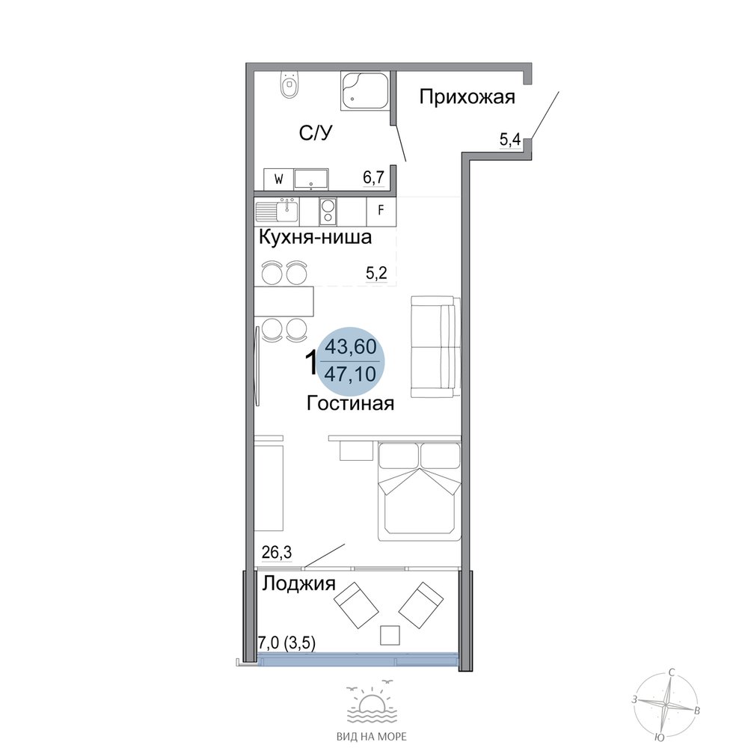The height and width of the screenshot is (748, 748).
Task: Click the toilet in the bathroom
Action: pyautogui.click(x=289, y=85)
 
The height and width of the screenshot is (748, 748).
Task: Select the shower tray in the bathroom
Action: pyautogui.click(x=364, y=91)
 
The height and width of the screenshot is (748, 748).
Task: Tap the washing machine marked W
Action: pyautogui.click(x=278, y=180)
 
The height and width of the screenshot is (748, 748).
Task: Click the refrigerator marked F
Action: pyautogui.click(x=381, y=210)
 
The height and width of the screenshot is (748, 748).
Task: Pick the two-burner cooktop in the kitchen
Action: pyautogui.click(x=328, y=212)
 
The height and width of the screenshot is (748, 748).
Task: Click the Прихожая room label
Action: pyautogui.click(x=467, y=96)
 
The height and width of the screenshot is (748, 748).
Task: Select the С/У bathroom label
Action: pyautogui.click(x=316, y=133)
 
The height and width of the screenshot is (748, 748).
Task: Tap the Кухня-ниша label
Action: pyautogui.click(x=315, y=237)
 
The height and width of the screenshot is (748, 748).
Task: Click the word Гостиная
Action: pyautogui.click(x=350, y=404)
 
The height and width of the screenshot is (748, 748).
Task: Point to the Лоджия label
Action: pyautogui.click(x=299, y=583)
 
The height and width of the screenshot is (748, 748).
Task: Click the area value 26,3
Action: pyautogui.click(x=277, y=553)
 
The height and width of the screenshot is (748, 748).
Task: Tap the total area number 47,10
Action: pyautogui.click(x=351, y=373)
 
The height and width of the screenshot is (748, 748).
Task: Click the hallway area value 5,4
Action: pyautogui.click(x=509, y=140)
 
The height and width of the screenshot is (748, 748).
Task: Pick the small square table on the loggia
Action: pyautogui.click(x=390, y=635)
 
